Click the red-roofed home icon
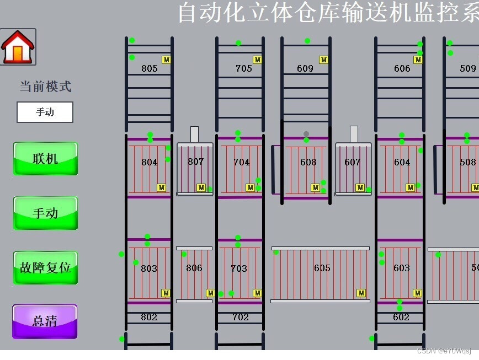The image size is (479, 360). pos(18,47)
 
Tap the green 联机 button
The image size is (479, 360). pos(45,159)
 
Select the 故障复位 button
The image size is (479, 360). pos(45,268)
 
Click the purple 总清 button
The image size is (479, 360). pos(45,321)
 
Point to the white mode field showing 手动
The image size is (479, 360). pos(45,112)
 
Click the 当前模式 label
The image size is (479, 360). pos(45,87)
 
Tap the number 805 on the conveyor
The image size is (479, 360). pos(149,68)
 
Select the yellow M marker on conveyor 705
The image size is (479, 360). pos(257,60)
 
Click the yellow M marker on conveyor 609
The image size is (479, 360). pos(324,60)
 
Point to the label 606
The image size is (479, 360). pos(402,68)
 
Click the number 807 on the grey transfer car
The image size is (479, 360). pos(195,162)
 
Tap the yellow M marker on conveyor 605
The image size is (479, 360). pos(361,293)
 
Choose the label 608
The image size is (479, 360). pos(308,162)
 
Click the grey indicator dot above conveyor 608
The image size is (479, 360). pos(306,134)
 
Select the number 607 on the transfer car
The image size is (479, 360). pos(352,162)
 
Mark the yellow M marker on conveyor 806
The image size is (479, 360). pos(210,293)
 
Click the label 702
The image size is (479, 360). pos(241,317)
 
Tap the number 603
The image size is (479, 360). pos(401,268)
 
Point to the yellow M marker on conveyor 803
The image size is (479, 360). pos(166,293)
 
